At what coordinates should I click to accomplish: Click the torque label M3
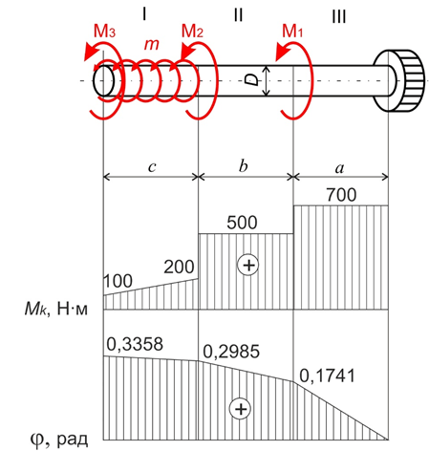(x=104, y=32)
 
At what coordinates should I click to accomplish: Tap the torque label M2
(x=192, y=32)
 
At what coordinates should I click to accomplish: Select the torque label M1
(x=292, y=32)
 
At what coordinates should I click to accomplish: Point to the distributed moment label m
(x=151, y=44)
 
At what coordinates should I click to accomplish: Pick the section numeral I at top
(x=144, y=14)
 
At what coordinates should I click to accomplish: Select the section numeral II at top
(x=238, y=14)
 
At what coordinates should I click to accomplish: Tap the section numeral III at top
(x=339, y=16)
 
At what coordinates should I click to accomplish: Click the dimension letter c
(x=152, y=166)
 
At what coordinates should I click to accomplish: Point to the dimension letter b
(x=243, y=165)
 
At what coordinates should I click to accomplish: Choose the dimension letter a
(x=340, y=168)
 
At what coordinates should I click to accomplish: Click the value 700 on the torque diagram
(x=341, y=195)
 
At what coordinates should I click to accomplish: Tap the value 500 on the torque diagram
(x=242, y=223)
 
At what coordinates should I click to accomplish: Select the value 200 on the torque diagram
(x=179, y=267)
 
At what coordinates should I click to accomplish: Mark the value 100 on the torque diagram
(x=118, y=281)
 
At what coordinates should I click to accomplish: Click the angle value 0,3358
(x=135, y=344)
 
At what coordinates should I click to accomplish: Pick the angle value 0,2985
(x=231, y=352)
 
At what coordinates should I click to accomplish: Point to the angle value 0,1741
(x=328, y=376)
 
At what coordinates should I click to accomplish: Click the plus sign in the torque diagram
(x=248, y=265)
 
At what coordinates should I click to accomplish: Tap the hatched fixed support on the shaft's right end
(x=399, y=80)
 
